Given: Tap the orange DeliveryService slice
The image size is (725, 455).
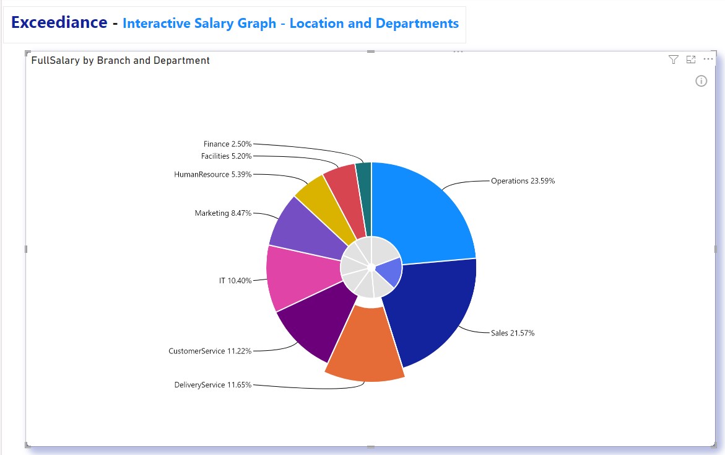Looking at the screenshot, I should [x=365, y=347].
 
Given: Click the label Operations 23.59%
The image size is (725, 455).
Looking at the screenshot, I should [x=523, y=181].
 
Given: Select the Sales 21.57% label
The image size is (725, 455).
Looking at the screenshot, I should [x=512, y=333].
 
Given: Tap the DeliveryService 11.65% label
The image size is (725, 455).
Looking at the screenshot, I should [x=213, y=385].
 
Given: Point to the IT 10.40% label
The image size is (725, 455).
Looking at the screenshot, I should [x=235, y=281].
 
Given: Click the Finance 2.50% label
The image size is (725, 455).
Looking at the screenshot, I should [x=227, y=144].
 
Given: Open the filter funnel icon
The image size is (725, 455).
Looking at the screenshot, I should [x=674, y=60].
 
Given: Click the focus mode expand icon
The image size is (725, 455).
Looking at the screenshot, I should [x=691, y=60].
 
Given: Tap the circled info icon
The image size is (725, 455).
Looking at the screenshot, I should [x=701, y=81].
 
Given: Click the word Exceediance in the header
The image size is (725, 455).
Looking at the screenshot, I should [x=59, y=22].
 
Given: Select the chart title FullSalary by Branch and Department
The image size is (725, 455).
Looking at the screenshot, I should [x=121, y=60].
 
